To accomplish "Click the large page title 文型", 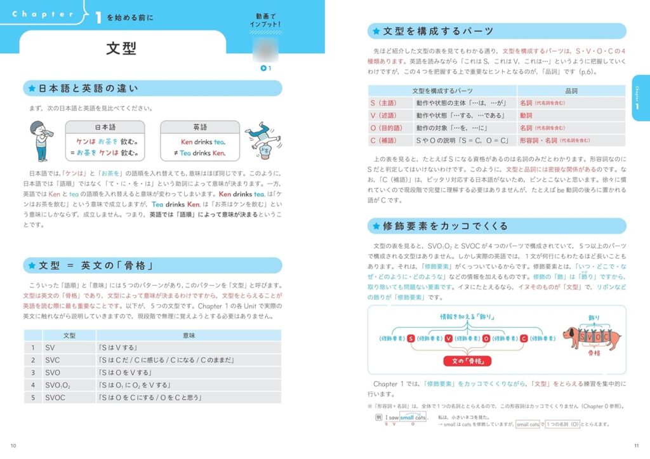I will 121,48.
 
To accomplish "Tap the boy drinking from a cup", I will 41,140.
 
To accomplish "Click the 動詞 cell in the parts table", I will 526,116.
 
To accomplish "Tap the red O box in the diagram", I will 486,338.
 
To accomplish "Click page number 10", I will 14,444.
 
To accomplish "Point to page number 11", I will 637,444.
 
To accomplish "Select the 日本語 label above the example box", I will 105,127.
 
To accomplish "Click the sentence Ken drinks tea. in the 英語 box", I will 203,142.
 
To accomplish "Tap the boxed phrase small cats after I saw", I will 412,416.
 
